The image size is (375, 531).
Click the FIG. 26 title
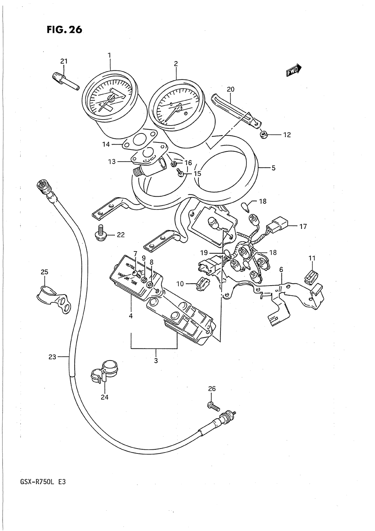(x=64, y=30)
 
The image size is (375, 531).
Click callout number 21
(x=64, y=61)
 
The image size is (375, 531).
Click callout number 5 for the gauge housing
(x=273, y=168)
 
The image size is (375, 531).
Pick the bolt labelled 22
(x=100, y=235)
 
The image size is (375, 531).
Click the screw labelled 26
(x=214, y=405)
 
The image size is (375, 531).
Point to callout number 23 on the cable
(x=52, y=357)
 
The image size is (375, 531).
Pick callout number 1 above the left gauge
(x=109, y=55)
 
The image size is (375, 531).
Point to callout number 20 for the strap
(x=231, y=89)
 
